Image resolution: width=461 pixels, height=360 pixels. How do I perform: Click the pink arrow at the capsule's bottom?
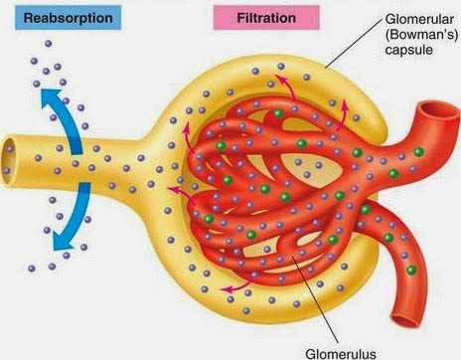[x=234, y=287]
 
